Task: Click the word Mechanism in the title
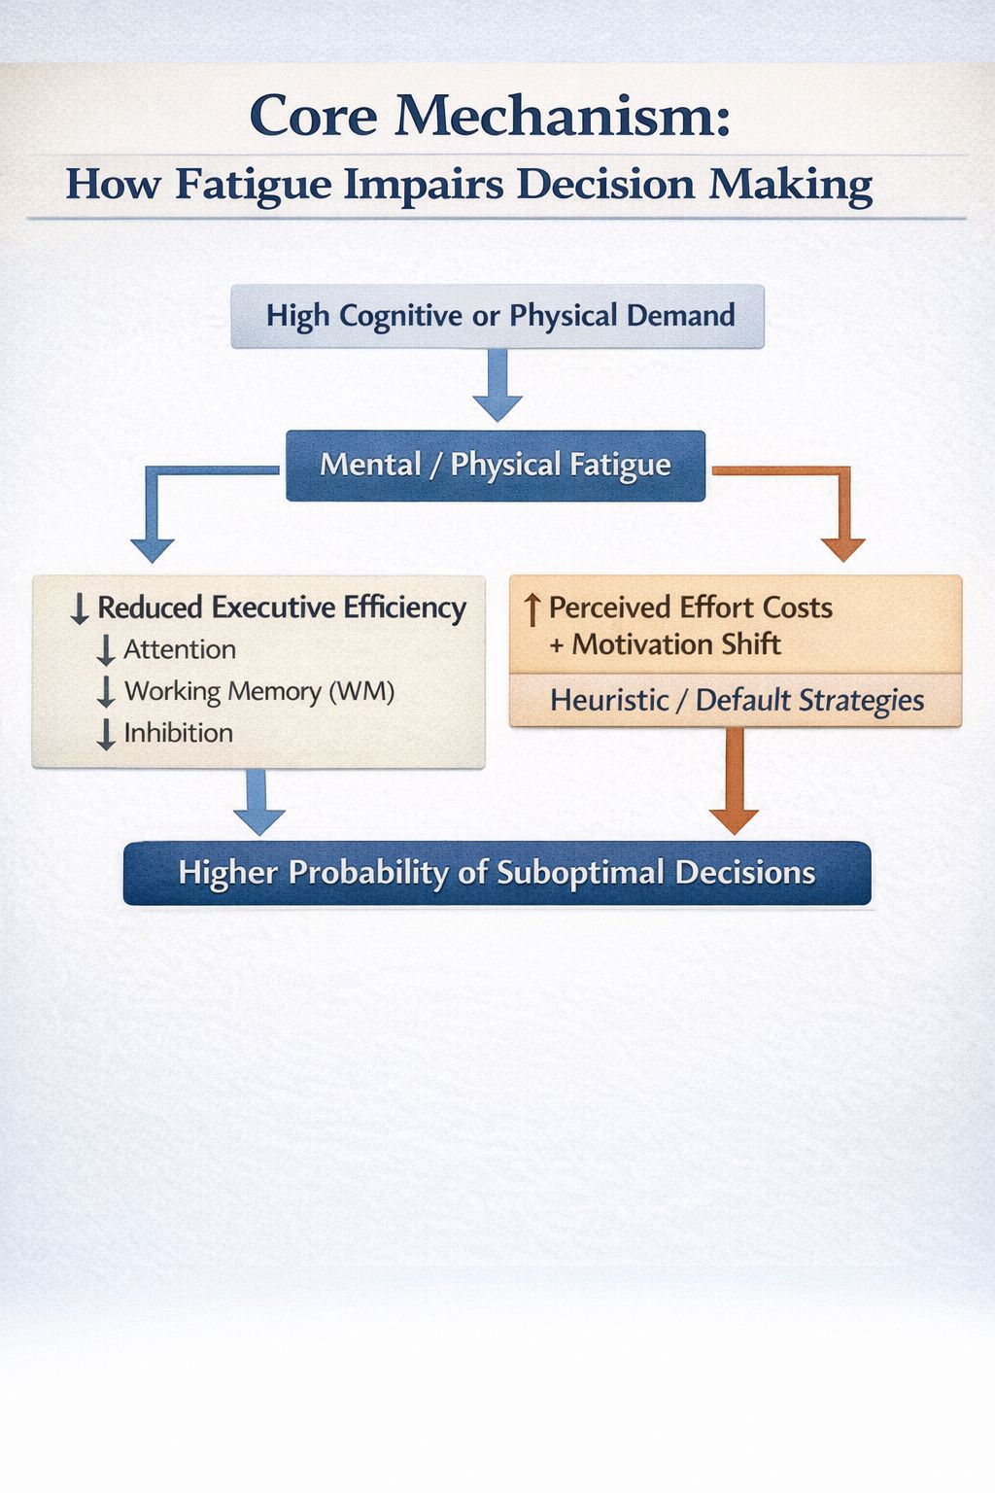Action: click(x=562, y=116)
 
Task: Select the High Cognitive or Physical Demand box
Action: click(x=497, y=316)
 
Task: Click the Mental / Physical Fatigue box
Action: click(x=496, y=466)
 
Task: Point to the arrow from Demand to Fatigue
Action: click(x=497, y=385)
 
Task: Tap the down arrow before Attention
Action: click(x=106, y=650)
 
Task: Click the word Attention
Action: click(x=180, y=650)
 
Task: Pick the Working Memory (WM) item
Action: click(x=259, y=692)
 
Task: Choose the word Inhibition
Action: click(x=179, y=733)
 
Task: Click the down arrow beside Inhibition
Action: click(x=106, y=735)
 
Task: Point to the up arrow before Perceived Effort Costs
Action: click(x=532, y=610)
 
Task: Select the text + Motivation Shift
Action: click(x=665, y=644)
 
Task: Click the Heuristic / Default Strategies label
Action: click(x=738, y=701)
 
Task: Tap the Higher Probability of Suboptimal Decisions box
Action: click(x=497, y=873)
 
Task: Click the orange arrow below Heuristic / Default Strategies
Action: click(x=734, y=781)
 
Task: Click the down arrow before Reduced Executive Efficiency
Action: click(x=80, y=609)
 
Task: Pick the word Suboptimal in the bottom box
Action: click(x=580, y=873)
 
